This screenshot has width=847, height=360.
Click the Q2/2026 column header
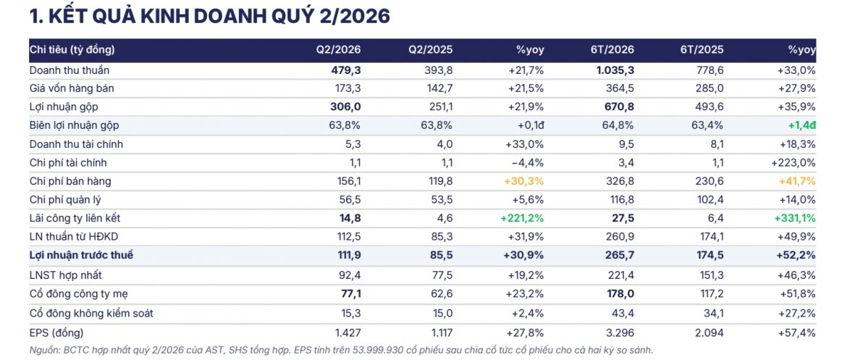[x=338, y=50]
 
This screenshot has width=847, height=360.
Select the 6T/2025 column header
[x=701, y=50]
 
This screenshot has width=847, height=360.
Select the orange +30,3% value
[x=523, y=181]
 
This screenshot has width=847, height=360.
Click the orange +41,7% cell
[x=796, y=181]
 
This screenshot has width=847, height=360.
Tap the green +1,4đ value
[x=801, y=125]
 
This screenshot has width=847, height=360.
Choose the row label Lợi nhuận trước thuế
[x=81, y=255]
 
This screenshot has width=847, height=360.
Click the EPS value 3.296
[x=620, y=332]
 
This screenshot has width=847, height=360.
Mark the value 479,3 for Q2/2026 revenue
[x=346, y=70]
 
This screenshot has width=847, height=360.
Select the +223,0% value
[x=793, y=163]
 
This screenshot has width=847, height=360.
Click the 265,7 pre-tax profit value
[x=620, y=255]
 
